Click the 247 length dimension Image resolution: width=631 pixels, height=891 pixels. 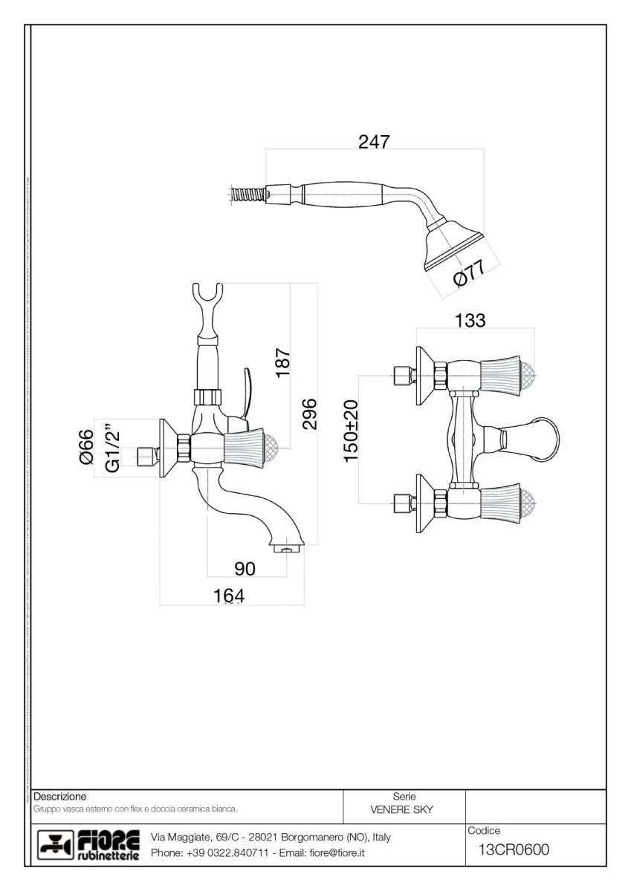click(374, 143)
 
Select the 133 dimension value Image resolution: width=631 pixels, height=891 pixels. click(469, 320)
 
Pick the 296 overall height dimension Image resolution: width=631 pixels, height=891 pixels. click(310, 413)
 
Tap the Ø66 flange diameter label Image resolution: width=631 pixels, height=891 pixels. click(86, 447)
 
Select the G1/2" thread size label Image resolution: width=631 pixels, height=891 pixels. click(112, 447)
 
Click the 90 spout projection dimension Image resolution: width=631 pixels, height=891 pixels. click(245, 569)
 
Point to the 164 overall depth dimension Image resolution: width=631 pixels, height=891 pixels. click(228, 595)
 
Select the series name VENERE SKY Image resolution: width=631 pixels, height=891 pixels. click(401, 809)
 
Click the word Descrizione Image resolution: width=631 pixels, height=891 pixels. click(61, 796)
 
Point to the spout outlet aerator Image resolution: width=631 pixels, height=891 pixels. click(290, 550)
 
